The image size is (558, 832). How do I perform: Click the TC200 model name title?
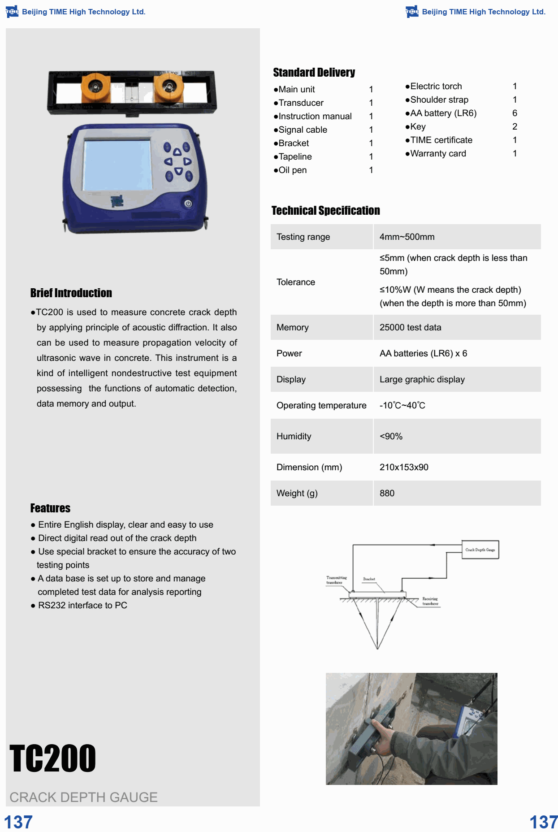tap(52, 758)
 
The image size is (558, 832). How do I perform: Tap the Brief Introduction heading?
tap(71, 293)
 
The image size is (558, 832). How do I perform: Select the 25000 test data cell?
tap(410, 327)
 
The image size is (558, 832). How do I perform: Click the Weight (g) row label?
tap(297, 493)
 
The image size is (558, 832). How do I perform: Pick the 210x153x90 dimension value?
tap(404, 467)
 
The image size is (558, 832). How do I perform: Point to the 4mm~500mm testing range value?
tap(407, 237)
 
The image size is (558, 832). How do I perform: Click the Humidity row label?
tap(294, 436)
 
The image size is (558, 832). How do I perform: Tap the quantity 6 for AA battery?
tap(515, 113)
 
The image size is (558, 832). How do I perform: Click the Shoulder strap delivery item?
tap(439, 100)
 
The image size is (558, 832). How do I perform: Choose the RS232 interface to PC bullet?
tap(82, 605)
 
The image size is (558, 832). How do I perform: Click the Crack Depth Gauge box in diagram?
tap(480, 550)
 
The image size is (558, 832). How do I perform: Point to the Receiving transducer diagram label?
tap(430, 601)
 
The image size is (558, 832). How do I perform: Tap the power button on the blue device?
tap(188, 204)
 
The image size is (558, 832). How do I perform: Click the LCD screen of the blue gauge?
tap(117, 165)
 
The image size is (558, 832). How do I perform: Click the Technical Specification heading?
tap(325, 211)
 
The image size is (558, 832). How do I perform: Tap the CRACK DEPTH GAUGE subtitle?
tap(83, 797)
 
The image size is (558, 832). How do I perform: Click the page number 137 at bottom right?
tap(543, 822)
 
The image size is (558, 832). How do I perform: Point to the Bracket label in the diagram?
tap(369, 579)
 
